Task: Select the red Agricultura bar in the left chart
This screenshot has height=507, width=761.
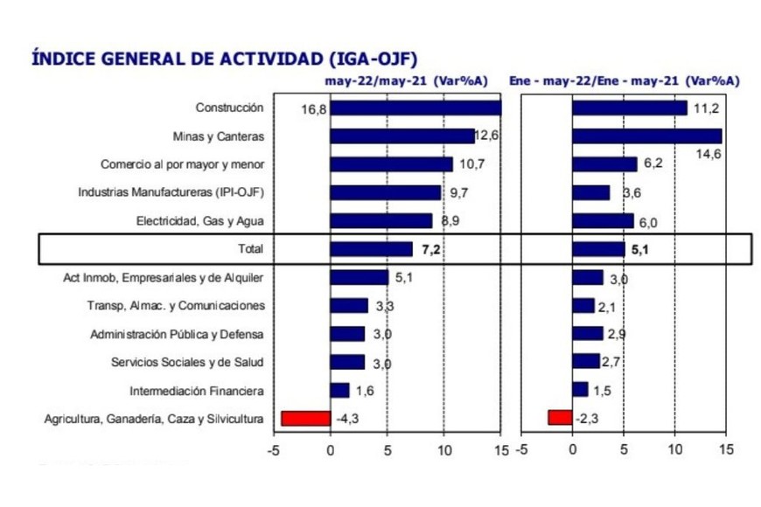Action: (x=305, y=418)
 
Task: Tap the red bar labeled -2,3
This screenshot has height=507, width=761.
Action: (x=560, y=418)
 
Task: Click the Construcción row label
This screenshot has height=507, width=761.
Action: (x=229, y=108)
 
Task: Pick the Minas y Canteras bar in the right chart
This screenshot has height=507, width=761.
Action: (x=647, y=136)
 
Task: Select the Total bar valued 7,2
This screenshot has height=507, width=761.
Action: (x=371, y=249)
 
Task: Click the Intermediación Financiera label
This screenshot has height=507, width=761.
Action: (x=197, y=391)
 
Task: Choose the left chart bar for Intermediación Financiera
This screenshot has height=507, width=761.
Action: (x=339, y=390)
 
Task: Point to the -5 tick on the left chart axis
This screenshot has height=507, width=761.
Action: (x=275, y=450)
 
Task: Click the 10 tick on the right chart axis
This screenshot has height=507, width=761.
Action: (x=674, y=450)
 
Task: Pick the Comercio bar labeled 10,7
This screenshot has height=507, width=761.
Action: (x=391, y=164)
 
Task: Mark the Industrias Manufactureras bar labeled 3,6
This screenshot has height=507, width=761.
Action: (x=591, y=192)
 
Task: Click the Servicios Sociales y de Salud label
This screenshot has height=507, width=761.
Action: (x=187, y=362)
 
